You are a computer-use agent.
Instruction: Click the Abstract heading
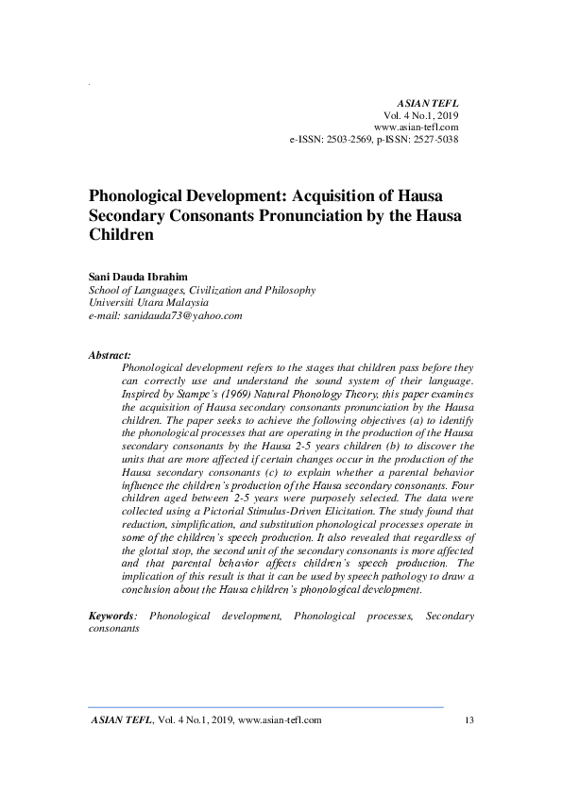pyautogui.click(x=110, y=355)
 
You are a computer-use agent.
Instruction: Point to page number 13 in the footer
pyautogui.click(x=468, y=720)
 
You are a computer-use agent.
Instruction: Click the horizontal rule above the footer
pyautogui.click(x=265, y=706)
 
